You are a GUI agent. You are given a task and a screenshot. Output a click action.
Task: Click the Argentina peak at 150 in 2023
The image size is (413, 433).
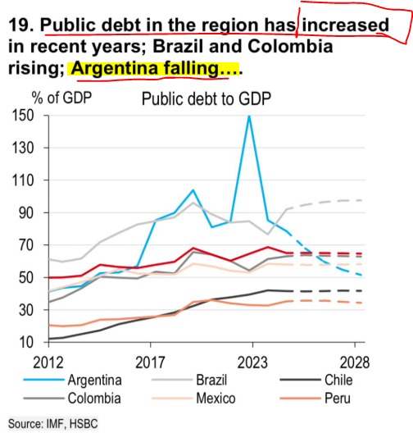(x=248, y=116)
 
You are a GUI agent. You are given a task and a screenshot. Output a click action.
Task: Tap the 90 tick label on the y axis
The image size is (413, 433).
(x=21, y=213)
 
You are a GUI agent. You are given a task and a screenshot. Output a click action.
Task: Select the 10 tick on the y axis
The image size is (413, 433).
(x=21, y=342)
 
